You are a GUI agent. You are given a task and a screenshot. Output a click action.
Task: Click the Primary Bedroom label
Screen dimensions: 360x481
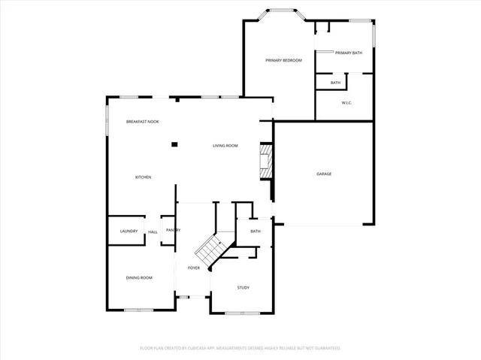[283, 60]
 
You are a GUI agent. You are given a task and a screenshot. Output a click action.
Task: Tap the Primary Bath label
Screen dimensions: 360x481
[349, 53]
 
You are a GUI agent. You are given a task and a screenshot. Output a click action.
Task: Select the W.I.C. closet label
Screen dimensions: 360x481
[346, 103]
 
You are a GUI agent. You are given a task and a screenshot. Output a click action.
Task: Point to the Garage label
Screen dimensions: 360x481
[324, 174]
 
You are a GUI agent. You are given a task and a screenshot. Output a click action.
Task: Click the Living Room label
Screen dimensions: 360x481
[225, 146]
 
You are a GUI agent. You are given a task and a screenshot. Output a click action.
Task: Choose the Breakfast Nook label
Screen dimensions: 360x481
[142, 122]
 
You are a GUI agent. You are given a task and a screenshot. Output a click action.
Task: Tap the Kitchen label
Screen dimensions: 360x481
[143, 177]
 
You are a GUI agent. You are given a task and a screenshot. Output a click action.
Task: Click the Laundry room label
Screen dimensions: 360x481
[129, 231]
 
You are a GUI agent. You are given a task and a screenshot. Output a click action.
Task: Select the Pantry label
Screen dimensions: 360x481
[173, 230]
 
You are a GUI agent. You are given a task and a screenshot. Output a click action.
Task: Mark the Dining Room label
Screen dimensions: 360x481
[139, 278]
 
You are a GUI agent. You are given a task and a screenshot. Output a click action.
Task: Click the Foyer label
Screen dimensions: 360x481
[194, 268]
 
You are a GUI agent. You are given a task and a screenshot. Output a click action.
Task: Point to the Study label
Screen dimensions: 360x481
[243, 287]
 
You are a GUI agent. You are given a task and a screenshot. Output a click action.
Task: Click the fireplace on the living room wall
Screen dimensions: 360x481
[265, 161]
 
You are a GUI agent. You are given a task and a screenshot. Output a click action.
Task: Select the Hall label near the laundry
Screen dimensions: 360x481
[153, 231]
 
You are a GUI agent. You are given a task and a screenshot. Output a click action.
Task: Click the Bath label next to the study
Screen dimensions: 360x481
[256, 231]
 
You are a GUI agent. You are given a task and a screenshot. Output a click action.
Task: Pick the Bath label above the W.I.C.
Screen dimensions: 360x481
[335, 83]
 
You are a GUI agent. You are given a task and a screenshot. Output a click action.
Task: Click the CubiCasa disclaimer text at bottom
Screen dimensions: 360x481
[240, 348]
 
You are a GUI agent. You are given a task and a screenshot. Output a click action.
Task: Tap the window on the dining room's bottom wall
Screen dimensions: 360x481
[139, 310]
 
